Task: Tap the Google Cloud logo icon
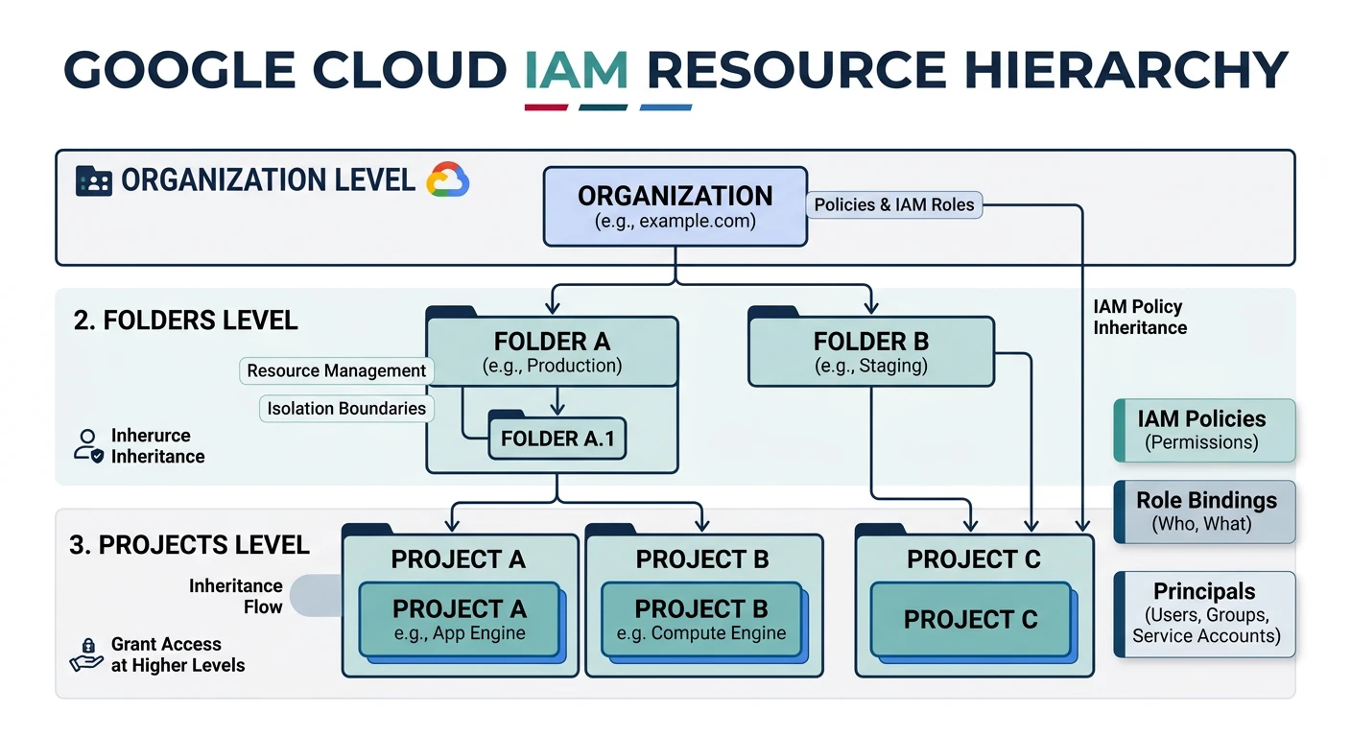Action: coord(447,179)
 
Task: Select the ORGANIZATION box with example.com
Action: coord(675,206)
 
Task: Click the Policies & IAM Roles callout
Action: coord(893,204)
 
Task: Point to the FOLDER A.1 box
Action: coord(557,439)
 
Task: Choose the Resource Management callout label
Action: coord(336,370)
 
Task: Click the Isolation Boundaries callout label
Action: coord(345,408)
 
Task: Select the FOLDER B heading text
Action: coord(870,342)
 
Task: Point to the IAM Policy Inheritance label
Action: coord(1140,317)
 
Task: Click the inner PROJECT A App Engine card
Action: coord(459,620)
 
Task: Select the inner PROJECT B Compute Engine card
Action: coord(700,620)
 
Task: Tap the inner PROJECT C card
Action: coord(970,620)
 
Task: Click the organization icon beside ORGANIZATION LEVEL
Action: coord(93,180)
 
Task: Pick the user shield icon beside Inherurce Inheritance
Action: coord(88,445)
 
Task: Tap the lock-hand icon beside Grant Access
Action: coord(87,654)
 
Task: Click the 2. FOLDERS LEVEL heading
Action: coord(185,320)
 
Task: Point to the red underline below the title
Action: coord(546,107)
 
